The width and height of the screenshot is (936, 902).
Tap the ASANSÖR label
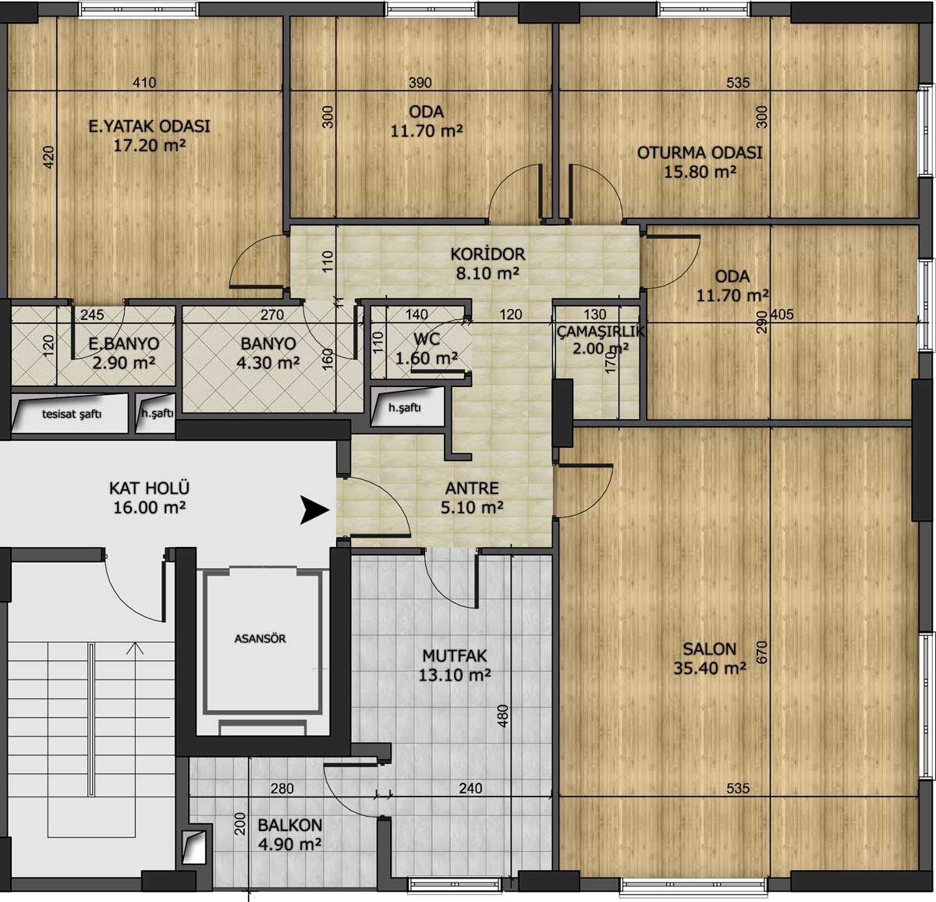coord(261,639)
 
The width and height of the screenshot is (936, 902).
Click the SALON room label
coord(710,649)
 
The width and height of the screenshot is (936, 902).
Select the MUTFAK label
coord(455,655)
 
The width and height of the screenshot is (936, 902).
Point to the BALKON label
coord(289,825)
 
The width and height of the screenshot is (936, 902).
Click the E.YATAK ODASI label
coord(149,126)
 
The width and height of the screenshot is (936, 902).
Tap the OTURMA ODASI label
coord(700,153)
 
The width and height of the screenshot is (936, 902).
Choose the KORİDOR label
coord(487,254)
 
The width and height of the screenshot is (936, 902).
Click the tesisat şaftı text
coord(72,414)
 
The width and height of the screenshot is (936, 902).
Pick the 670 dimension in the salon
coord(762,652)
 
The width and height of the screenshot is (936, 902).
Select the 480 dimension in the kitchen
coord(502,716)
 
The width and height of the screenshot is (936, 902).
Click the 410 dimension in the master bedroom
coord(144,83)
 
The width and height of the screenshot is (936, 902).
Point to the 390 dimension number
coord(420,83)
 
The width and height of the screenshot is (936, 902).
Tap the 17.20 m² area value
coord(150,145)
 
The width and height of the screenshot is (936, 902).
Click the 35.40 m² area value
coord(710,668)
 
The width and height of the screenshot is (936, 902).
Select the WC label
coord(427,339)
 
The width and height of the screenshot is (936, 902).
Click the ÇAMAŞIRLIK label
coord(601,331)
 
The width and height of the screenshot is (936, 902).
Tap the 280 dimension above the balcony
coord(282,788)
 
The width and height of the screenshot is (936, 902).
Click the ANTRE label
coord(472,488)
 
